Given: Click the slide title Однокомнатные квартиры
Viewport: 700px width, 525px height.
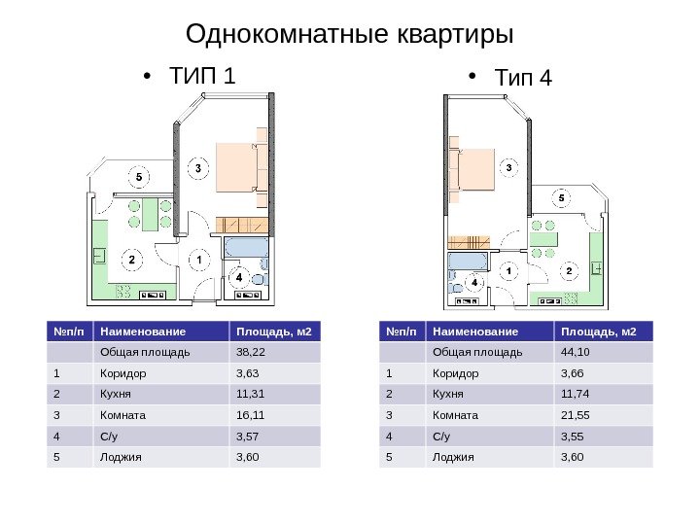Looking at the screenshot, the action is [x=349, y=35].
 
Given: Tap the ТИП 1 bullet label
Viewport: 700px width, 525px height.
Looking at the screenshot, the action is [x=202, y=75].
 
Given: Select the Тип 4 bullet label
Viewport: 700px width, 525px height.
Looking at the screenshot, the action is [x=523, y=77].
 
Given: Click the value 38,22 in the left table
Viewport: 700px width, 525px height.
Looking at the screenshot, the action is [x=251, y=352].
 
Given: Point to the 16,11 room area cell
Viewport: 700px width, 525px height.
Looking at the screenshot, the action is [x=251, y=413].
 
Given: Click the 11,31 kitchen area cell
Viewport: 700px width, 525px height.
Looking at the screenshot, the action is [x=251, y=393].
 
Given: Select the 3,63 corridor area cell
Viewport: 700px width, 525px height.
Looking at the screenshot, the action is [x=249, y=372].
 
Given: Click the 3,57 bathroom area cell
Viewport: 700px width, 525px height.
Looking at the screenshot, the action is [x=249, y=434].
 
